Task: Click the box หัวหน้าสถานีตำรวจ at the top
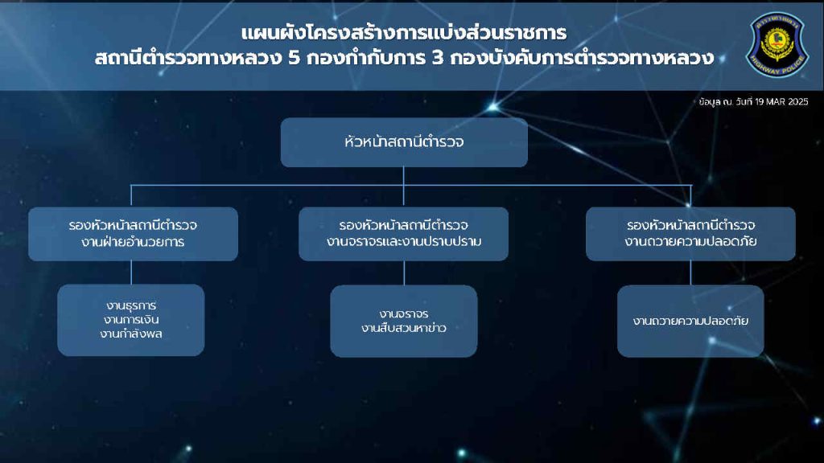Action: pos(404,142)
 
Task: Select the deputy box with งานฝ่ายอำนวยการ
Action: pos(133,234)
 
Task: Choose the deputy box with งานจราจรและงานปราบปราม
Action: pos(404,234)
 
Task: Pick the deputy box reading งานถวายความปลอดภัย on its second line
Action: pos(690,234)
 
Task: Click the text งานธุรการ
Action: pos(131,305)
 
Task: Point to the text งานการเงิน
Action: pos(131,320)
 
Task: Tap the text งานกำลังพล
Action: pos(131,334)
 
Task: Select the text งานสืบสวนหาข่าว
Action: pos(404,328)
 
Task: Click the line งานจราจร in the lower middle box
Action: pos(404,314)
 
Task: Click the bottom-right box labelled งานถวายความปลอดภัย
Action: pos(690,322)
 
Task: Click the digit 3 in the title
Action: pos(438,58)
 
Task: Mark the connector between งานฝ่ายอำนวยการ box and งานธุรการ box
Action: pos(131,273)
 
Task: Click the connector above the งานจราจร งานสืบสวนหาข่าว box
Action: pos(404,273)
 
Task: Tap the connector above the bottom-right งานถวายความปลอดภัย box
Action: pos(690,273)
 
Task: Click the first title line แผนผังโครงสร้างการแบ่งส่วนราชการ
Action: pos(404,33)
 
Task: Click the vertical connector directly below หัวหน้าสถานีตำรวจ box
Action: pos(404,186)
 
